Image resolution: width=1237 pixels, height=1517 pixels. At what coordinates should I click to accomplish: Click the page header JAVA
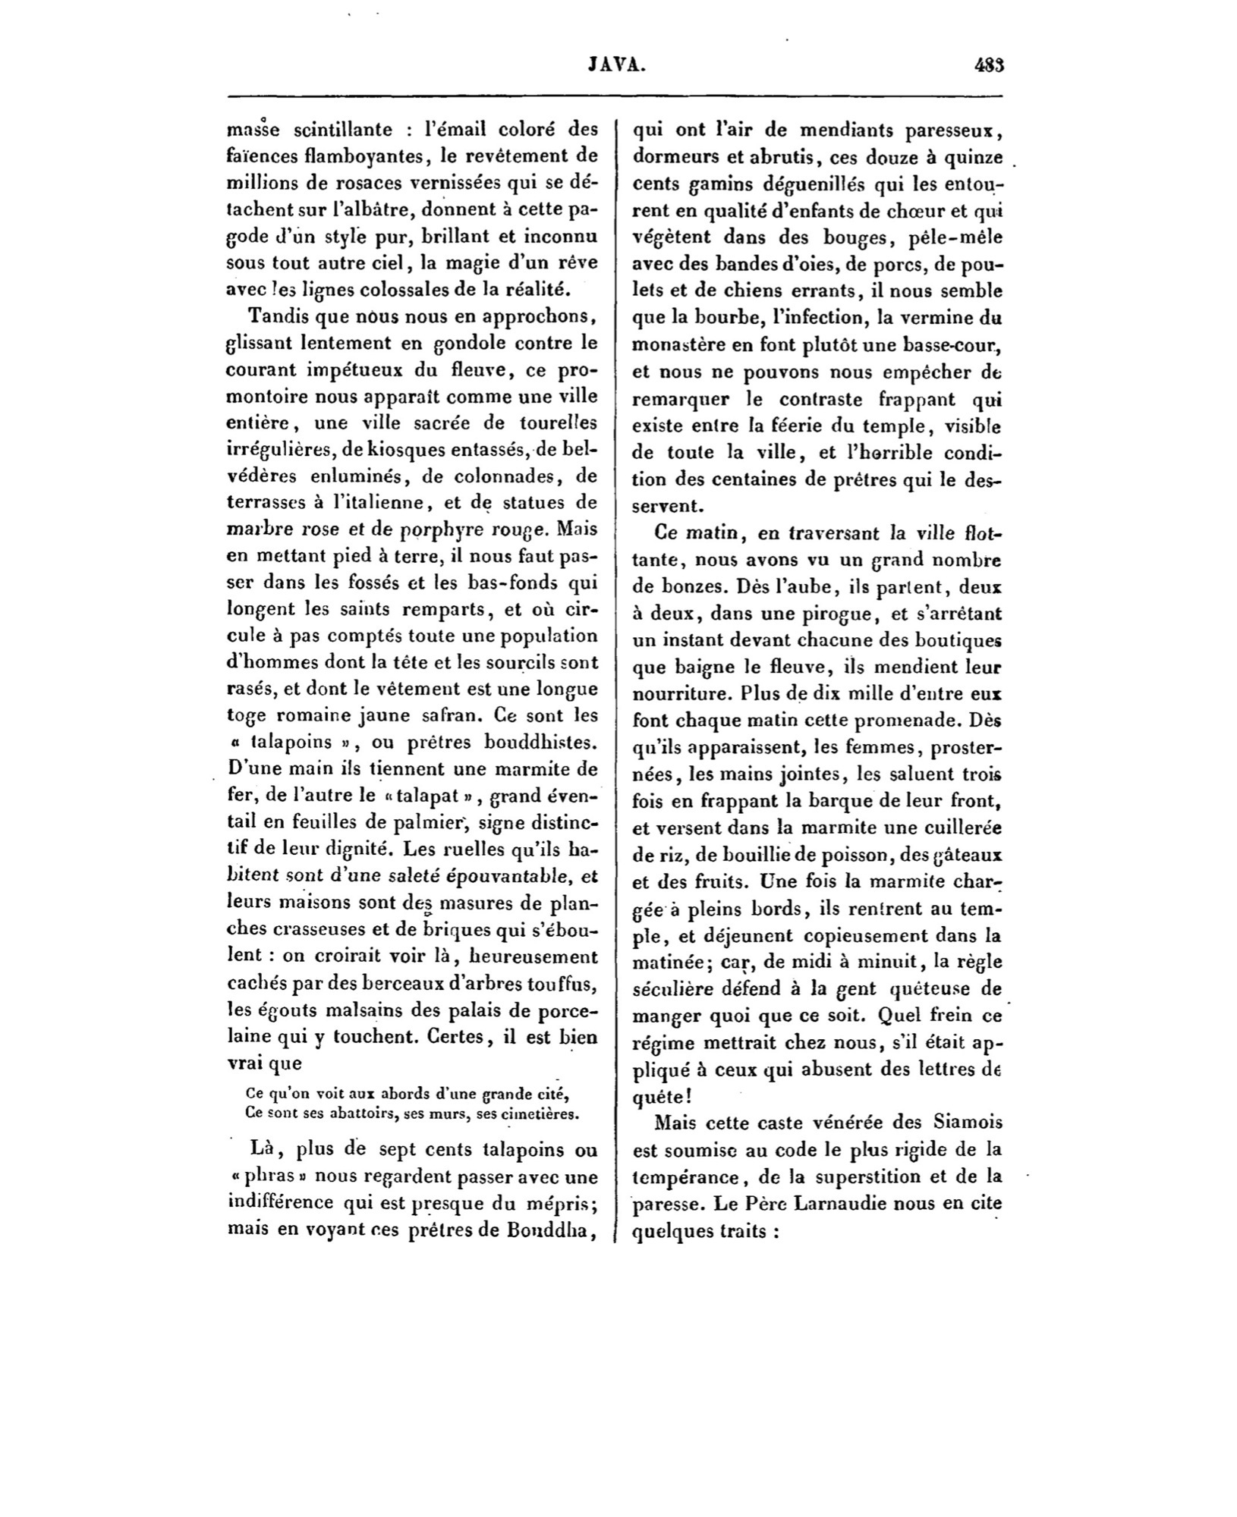[617, 66]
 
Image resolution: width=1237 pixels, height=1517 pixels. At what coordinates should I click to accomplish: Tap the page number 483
[989, 66]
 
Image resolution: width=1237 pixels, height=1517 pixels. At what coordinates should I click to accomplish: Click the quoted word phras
[267, 1177]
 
